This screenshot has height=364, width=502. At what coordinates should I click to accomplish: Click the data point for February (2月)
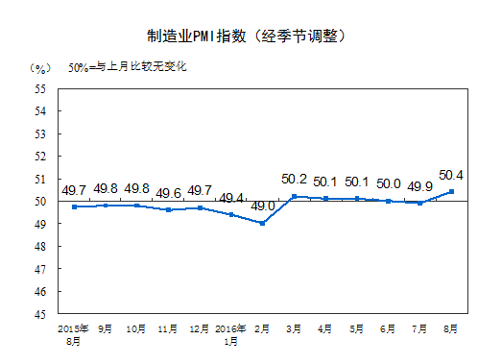click(262, 223)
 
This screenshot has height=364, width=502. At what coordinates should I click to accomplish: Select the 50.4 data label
click(450, 175)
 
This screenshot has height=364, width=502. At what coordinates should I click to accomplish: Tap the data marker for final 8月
click(451, 191)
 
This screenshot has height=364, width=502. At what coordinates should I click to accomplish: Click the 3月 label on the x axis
click(294, 329)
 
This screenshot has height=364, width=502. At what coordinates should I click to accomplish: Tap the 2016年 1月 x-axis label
click(231, 334)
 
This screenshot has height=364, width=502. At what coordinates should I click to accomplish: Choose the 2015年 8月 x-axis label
click(73, 334)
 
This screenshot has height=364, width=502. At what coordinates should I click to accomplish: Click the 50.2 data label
click(294, 180)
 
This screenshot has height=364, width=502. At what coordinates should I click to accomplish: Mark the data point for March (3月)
click(294, 197)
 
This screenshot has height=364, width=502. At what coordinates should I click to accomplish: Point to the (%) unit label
click(39, 67)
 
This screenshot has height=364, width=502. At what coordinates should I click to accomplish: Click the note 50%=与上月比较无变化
click(128, 67)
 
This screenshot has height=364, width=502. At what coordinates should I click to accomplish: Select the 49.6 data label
click(169, 193)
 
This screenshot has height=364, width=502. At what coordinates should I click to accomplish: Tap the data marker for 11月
click(168, 209)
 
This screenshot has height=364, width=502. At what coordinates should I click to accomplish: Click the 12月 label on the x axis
click(200, 329)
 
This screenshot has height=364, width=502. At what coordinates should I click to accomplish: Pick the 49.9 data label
click(419, 186)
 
